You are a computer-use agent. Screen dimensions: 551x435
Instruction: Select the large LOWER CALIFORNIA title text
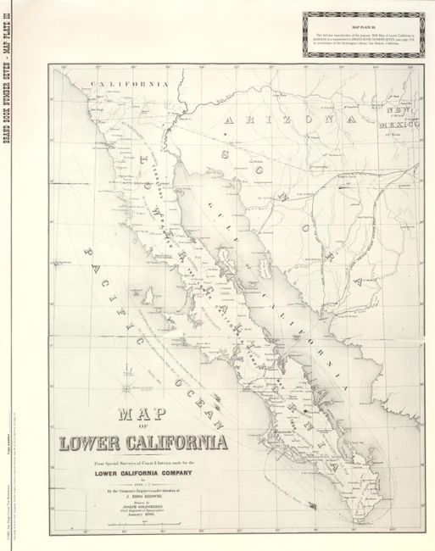tap(142, 442)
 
